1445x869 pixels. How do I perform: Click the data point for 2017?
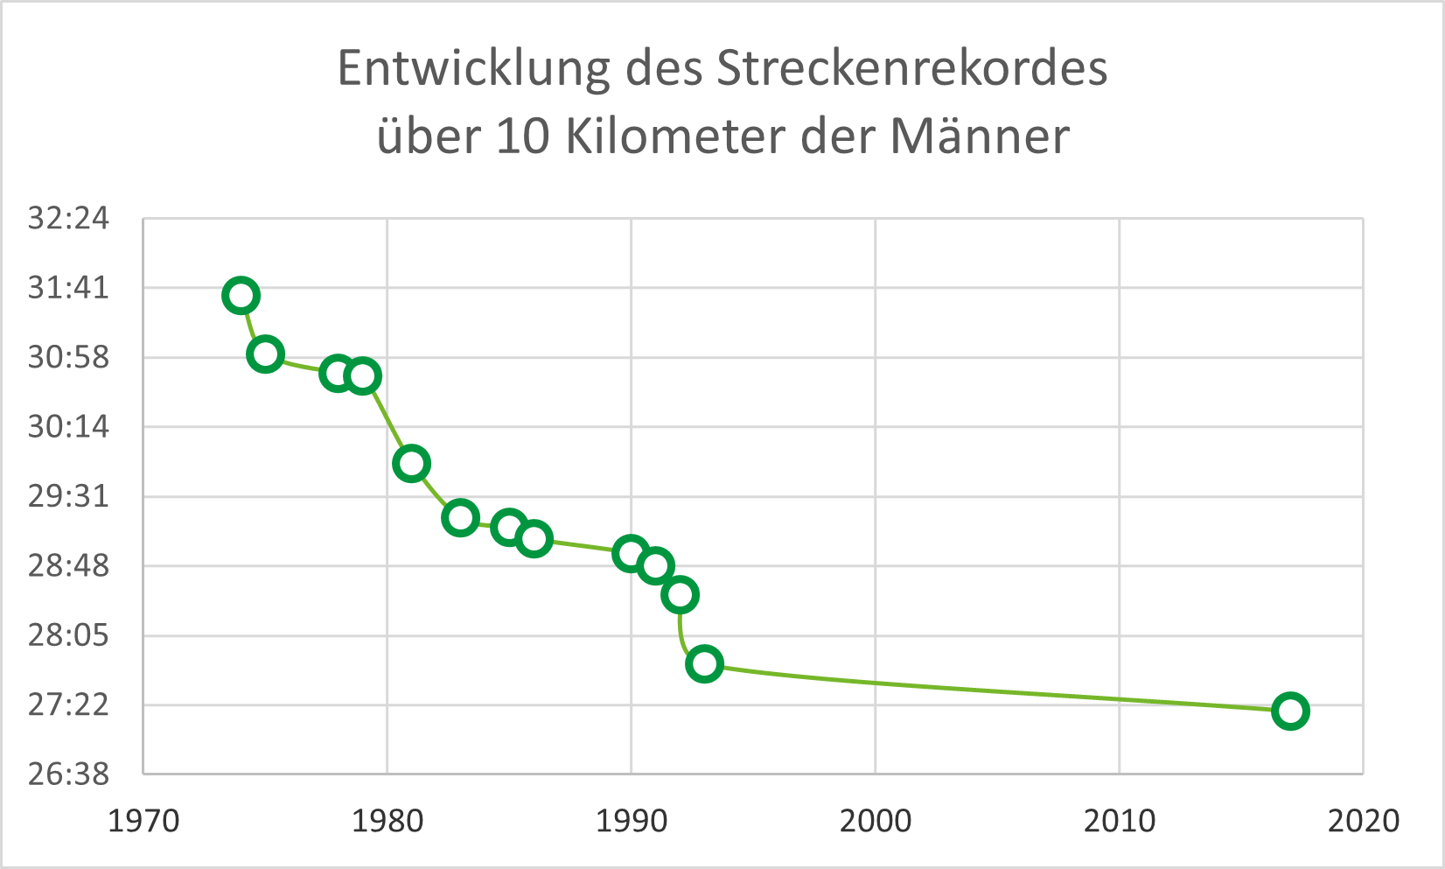click(x=1290, y=711)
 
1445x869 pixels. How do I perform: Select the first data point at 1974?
click(x=241, y=296)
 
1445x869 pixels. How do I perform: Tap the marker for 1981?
click(x=411, y=463)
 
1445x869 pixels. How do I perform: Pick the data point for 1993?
click(x=704, y=663)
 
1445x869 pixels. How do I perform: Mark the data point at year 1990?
click(x=631, y=553)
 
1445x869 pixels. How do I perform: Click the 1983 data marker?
click(x=460, y=517)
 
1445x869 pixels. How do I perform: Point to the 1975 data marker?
click(x=265, y=354)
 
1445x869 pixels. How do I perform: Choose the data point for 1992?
click(x=680, y=595)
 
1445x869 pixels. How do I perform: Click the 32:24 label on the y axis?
click(x=68, y=218)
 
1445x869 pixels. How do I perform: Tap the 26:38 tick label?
click(x=68, y=774)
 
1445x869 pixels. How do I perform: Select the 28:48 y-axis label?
click(x=68, y=565)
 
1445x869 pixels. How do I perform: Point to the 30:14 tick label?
click(x=68, y=426)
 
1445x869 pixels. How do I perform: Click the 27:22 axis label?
click(x=68, y=704)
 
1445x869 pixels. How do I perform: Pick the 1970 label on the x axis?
click(x=143, y=821)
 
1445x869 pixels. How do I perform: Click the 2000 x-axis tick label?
click(x=876, y=821)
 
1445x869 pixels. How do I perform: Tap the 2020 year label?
click(x=1363, y=821)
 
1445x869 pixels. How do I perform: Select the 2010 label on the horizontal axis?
click(x=1120, y=821)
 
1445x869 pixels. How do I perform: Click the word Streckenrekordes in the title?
click(x=912, y=69)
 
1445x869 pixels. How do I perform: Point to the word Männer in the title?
click(x=980, y=137)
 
